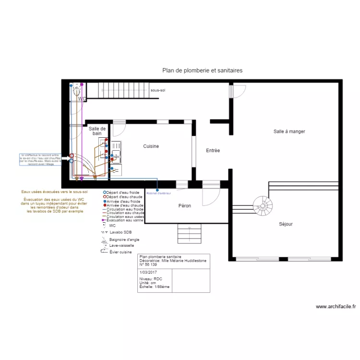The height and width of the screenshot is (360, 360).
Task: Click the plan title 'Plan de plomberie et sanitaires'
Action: [202, 70]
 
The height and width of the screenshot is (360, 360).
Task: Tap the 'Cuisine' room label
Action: [151, 146]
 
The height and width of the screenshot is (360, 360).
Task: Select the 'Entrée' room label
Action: [213, 151]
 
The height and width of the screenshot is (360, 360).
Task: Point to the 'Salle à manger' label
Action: [289, 132]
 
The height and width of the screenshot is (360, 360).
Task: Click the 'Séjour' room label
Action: [286, 224]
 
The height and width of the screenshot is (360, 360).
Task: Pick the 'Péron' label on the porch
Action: [184, 206]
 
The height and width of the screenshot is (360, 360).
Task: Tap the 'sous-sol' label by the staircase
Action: [158, 90]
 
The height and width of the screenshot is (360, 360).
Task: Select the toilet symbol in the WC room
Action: [76, 90]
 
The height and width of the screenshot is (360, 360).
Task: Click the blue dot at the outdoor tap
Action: [157, 191]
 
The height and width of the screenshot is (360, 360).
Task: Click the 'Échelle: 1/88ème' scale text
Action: [154, 287]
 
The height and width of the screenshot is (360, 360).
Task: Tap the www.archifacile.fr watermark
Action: [336, 307]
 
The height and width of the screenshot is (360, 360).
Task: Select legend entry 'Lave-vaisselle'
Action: [122, 245]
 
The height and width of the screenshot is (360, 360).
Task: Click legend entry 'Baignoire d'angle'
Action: [124, 239]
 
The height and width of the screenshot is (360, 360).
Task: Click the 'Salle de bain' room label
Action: [97, 131]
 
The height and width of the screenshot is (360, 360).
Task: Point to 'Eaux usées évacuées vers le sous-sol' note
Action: [54, 192]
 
